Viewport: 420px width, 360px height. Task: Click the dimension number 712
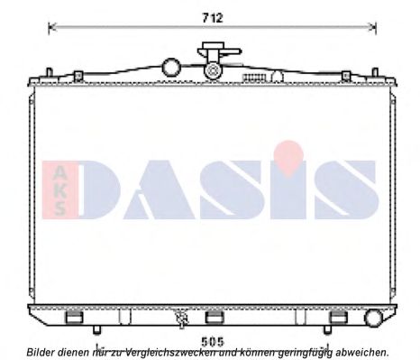pos(213,18)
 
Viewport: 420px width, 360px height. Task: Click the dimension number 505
pos(213,342)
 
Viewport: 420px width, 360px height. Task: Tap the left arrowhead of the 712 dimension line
pos(51,27)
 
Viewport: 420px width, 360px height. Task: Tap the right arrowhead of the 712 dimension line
pos(373,27)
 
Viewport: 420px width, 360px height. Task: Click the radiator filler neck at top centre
pos(214,60)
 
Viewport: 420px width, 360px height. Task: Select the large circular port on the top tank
pos(171,68)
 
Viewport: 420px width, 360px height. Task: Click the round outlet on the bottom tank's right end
pos(373,318)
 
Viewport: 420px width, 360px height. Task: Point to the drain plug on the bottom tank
pos(182,319)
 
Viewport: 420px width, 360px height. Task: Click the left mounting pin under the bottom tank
pos(96,330)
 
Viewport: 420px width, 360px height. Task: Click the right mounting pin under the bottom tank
pos(327,330)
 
